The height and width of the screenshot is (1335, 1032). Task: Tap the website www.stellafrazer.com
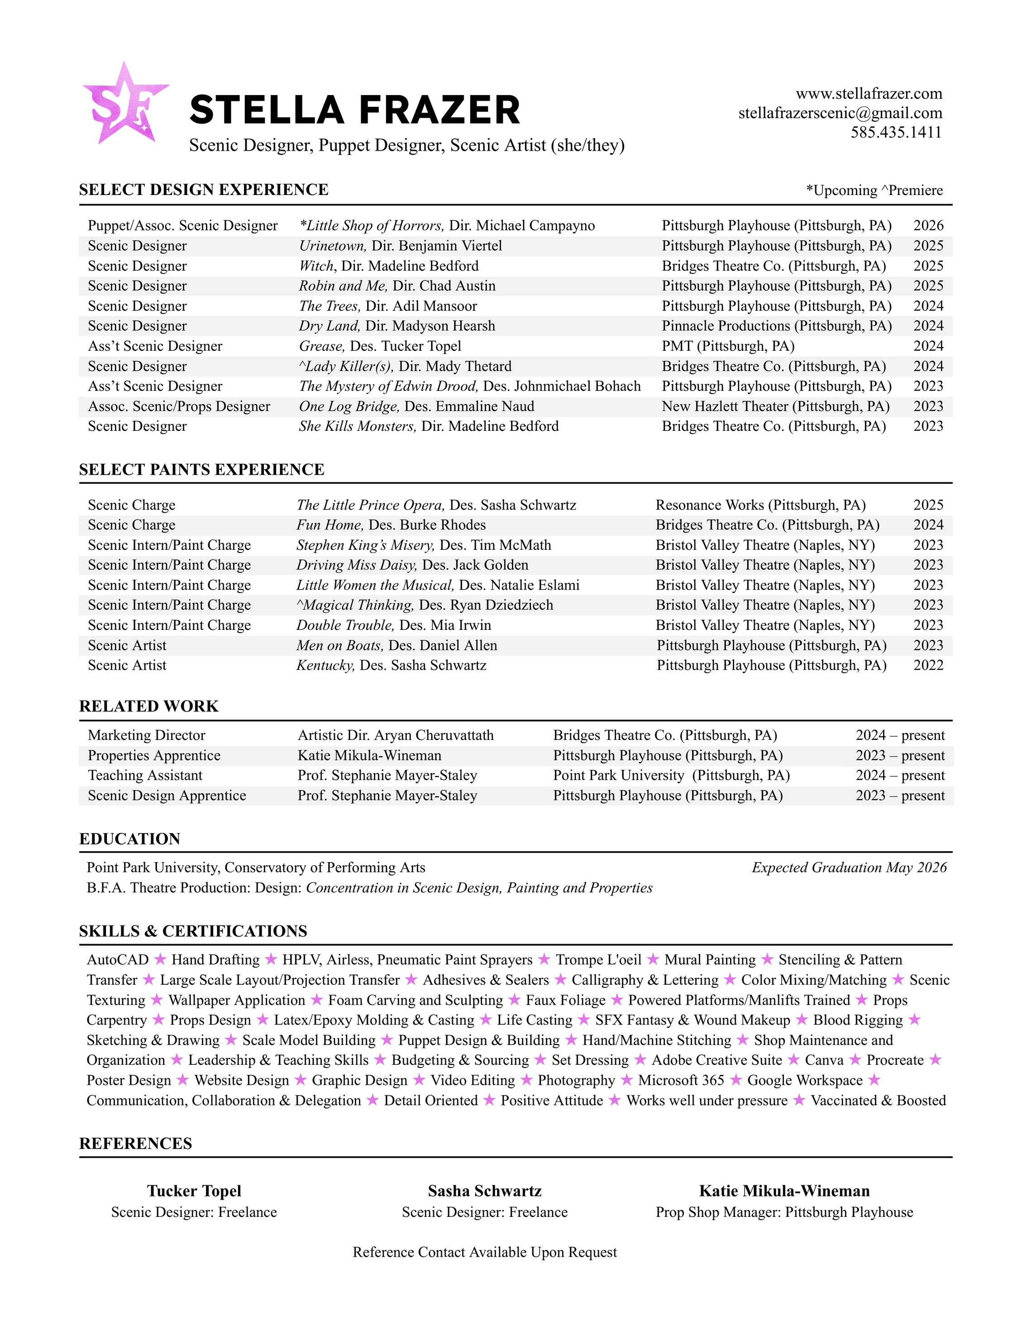pos(868,94)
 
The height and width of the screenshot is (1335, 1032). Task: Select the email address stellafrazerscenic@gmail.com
pos(840,113)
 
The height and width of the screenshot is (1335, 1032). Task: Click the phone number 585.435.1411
pos(896,132)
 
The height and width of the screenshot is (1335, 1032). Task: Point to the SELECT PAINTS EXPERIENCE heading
pos(202,469)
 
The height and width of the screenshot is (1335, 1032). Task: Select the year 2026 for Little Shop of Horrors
pos(928,225)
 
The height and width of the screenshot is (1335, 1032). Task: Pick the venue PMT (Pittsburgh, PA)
pos(727,346)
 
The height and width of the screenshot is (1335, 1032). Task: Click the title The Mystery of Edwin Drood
pos(387,386)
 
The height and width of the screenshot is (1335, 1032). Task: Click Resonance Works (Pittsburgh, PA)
pos(760,505)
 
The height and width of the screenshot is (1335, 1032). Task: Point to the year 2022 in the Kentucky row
pos(928,665)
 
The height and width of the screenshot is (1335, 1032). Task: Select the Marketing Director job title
pos(146,735)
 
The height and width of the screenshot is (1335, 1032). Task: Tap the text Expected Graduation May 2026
pos(849,868)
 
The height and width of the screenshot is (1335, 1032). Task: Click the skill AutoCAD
pos(117,960)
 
